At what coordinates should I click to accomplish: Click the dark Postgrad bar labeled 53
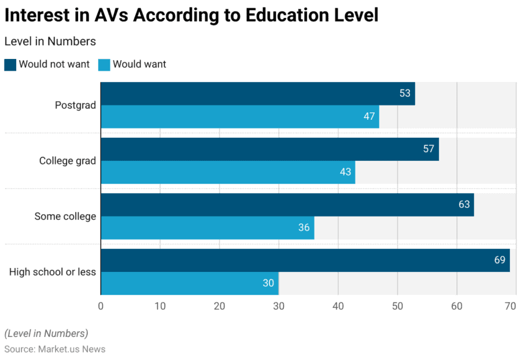pyautogui.click(x=257, y=94)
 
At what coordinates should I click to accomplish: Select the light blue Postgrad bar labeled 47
pyautogui.click(x=239, y=117)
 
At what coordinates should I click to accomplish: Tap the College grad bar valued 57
pyautogui.click(x=269, y=149)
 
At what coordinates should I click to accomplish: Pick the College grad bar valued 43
pyautogui.click(x=228, y=172)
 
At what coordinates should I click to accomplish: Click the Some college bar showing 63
pyautogui.click(x=287, y=204)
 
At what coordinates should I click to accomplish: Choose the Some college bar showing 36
pyautogui.click(x=207, y=228)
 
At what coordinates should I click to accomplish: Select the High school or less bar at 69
pyautogui.click(x=305, y=260)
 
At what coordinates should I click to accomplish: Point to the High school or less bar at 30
pyautogui.click(x=189, y=283)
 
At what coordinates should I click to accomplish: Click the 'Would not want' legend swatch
pyautogui.click(x=10, y=65)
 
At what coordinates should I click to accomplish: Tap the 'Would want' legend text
pyautogui.click(x=139, y=65)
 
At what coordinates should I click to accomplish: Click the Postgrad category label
pyautogui.click(x=75, y=106)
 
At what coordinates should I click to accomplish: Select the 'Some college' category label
pyautogui.click(x=65, y=217)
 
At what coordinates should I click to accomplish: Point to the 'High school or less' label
pyautogui.click(x=53, y=272)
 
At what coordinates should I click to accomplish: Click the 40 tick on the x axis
pyautogui.click(x=338, y=305)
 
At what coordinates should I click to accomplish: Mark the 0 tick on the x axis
pyautogui.click(x=101, y=305)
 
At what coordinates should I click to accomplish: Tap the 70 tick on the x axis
pyautogui.click(x=510, y=305)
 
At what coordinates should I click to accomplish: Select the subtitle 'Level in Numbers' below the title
pyautogui.click(x=50, y=42)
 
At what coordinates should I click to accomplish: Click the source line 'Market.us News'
pyautogui.click(x=55, y=349)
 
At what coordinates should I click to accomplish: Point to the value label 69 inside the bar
pyautogui.click(x=499, y=260)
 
